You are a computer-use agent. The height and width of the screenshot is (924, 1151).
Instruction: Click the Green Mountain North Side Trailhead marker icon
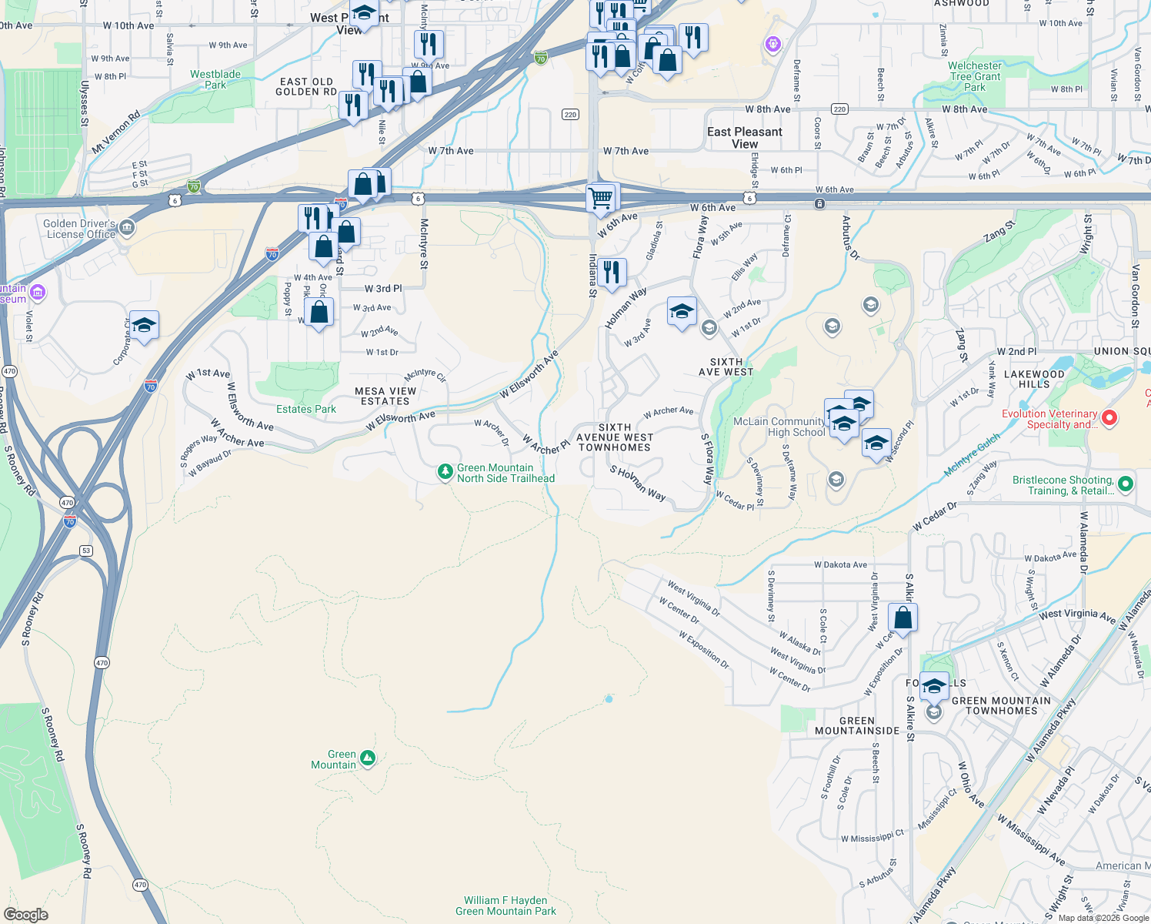[x=445, y=472]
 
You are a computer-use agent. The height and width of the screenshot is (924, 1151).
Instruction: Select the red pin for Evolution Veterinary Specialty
[x=1109, y=418]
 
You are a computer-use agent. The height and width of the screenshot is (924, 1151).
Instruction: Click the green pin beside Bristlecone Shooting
[x=1126, y=484]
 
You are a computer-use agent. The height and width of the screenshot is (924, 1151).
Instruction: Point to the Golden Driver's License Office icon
[x=127, y=227]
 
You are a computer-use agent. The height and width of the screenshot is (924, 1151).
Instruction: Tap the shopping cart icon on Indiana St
[x=602, y=198]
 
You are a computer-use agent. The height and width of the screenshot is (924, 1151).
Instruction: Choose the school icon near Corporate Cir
[x=144, y=326]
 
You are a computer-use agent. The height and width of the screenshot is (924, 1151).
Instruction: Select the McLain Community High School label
[x=779, y=427]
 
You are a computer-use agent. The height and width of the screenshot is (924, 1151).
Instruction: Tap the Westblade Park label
[x=215, y=79]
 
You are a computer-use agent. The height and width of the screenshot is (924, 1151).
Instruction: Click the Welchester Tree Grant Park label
[x=975, y=76]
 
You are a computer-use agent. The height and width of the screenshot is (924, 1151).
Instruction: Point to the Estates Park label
[x=306, y=409]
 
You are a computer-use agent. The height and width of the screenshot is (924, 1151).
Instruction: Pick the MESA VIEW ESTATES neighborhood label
[x=385, y=396]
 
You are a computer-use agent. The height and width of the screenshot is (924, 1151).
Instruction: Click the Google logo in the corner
[x=25, y=914]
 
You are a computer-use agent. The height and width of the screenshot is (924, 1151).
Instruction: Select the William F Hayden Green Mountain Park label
[x=505, y=906]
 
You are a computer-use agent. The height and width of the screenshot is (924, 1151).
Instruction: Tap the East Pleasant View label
[x=744, y=137]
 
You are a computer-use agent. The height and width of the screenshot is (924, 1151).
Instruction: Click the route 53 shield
[x=86, y=551]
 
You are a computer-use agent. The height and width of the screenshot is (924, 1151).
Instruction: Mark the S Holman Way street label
[x=638, y=483]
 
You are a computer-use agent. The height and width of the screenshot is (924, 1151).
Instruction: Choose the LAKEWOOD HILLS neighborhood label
[x=1034, y=379]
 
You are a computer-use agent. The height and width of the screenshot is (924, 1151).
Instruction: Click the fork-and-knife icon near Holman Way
[x=612, y=273]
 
